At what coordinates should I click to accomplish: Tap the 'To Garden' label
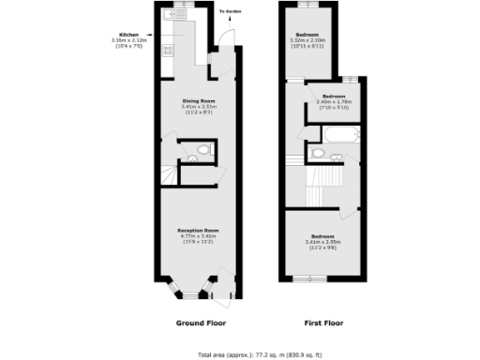tap(230, 12)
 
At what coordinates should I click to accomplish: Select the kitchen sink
tap(176, 16)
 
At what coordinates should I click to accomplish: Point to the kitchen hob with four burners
tap(168, 51)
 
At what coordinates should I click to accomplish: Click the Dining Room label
tap(198, 101)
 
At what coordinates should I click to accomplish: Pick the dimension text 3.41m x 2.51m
tap(198, 107)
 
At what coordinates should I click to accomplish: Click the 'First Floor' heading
tap(322, 322)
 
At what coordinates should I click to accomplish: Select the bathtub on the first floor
tap(341, 138)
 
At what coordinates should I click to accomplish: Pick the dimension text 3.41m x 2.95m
tap(322, 242)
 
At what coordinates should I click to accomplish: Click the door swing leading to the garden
tap(225, 37)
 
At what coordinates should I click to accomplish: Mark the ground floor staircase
tap(170, 173)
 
